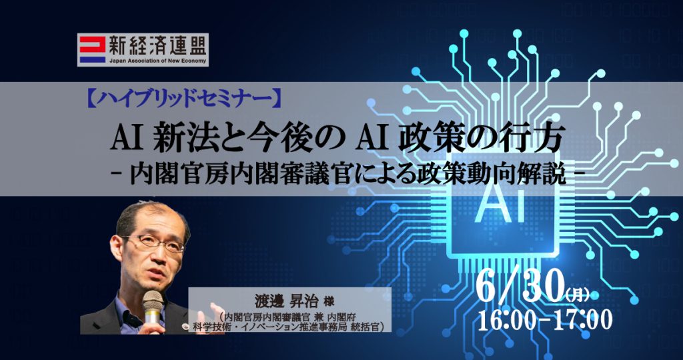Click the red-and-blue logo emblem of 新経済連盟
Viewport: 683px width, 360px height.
[92, 49]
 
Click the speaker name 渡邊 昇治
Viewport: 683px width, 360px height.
[283, 301]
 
